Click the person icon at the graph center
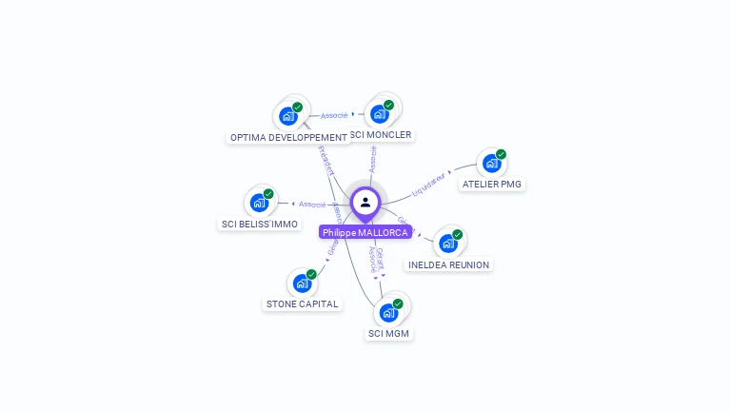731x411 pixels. [x=365, y=203]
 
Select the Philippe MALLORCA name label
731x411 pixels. [x=365, y=232]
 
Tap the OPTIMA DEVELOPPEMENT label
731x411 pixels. [x=288, y=137]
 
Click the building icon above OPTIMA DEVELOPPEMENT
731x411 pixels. [x=287, y=116]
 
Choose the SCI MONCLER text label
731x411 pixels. [x=381, y=135]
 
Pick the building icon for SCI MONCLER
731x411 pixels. [x=380, y=114]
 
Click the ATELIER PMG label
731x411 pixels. [x=492, y=184]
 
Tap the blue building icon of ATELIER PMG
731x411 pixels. [x=491, y=163]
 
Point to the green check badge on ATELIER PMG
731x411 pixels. [x=501, y=154]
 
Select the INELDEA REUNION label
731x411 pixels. [x=448, y=264]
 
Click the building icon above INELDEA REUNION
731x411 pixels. [x=447, y=244]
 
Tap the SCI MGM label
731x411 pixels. [x=389, y=333]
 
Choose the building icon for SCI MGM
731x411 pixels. [x=388, y=312]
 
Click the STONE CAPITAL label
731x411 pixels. [x=303, y=303]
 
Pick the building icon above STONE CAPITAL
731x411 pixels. [x=302, y=283]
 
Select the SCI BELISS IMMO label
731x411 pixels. [x=260, y=224]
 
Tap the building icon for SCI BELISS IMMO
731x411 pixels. [x=259, y=203]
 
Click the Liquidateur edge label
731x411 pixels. [x=429, y=185]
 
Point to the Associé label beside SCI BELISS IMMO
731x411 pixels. [x=312, y=204]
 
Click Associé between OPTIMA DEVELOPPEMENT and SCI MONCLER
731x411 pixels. [x=334, y=115]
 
